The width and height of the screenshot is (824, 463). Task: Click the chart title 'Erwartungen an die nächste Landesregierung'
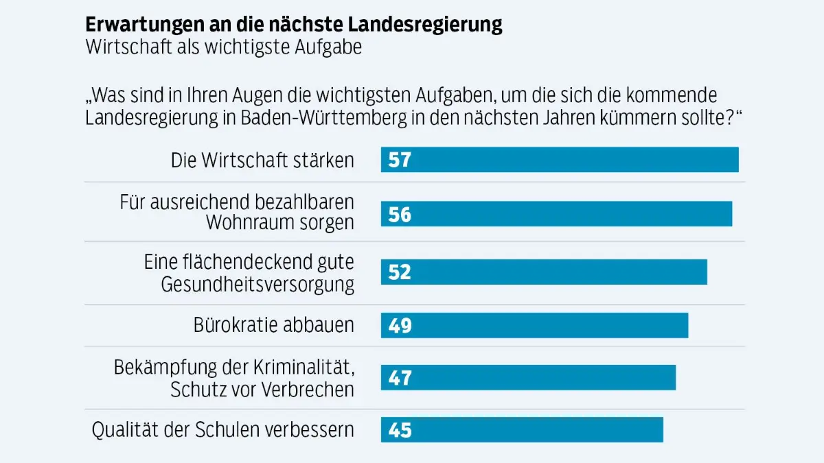click(x=293, y=25)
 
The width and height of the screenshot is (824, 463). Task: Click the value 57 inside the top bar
click(x=399, y=160)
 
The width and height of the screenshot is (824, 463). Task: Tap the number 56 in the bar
click(x=399, y=215)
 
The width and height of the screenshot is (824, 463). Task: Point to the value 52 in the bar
click(x=399, y=272)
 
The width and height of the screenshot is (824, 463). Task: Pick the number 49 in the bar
click(x=399, y=325)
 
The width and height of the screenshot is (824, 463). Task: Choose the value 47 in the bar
click(x=399, y=378)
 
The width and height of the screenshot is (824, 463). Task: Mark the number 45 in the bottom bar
click(x=399, y=430)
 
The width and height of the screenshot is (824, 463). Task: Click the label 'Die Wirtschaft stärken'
click(x=262, y=161)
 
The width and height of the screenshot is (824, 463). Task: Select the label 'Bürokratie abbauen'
click(x=274, y=325)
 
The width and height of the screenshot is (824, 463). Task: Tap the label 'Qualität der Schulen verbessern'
click(x=223, y=430)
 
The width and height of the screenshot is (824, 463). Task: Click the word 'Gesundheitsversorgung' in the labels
click(x=257, y=284)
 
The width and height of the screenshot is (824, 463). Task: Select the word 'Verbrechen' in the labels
click(x=308, y=389)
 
